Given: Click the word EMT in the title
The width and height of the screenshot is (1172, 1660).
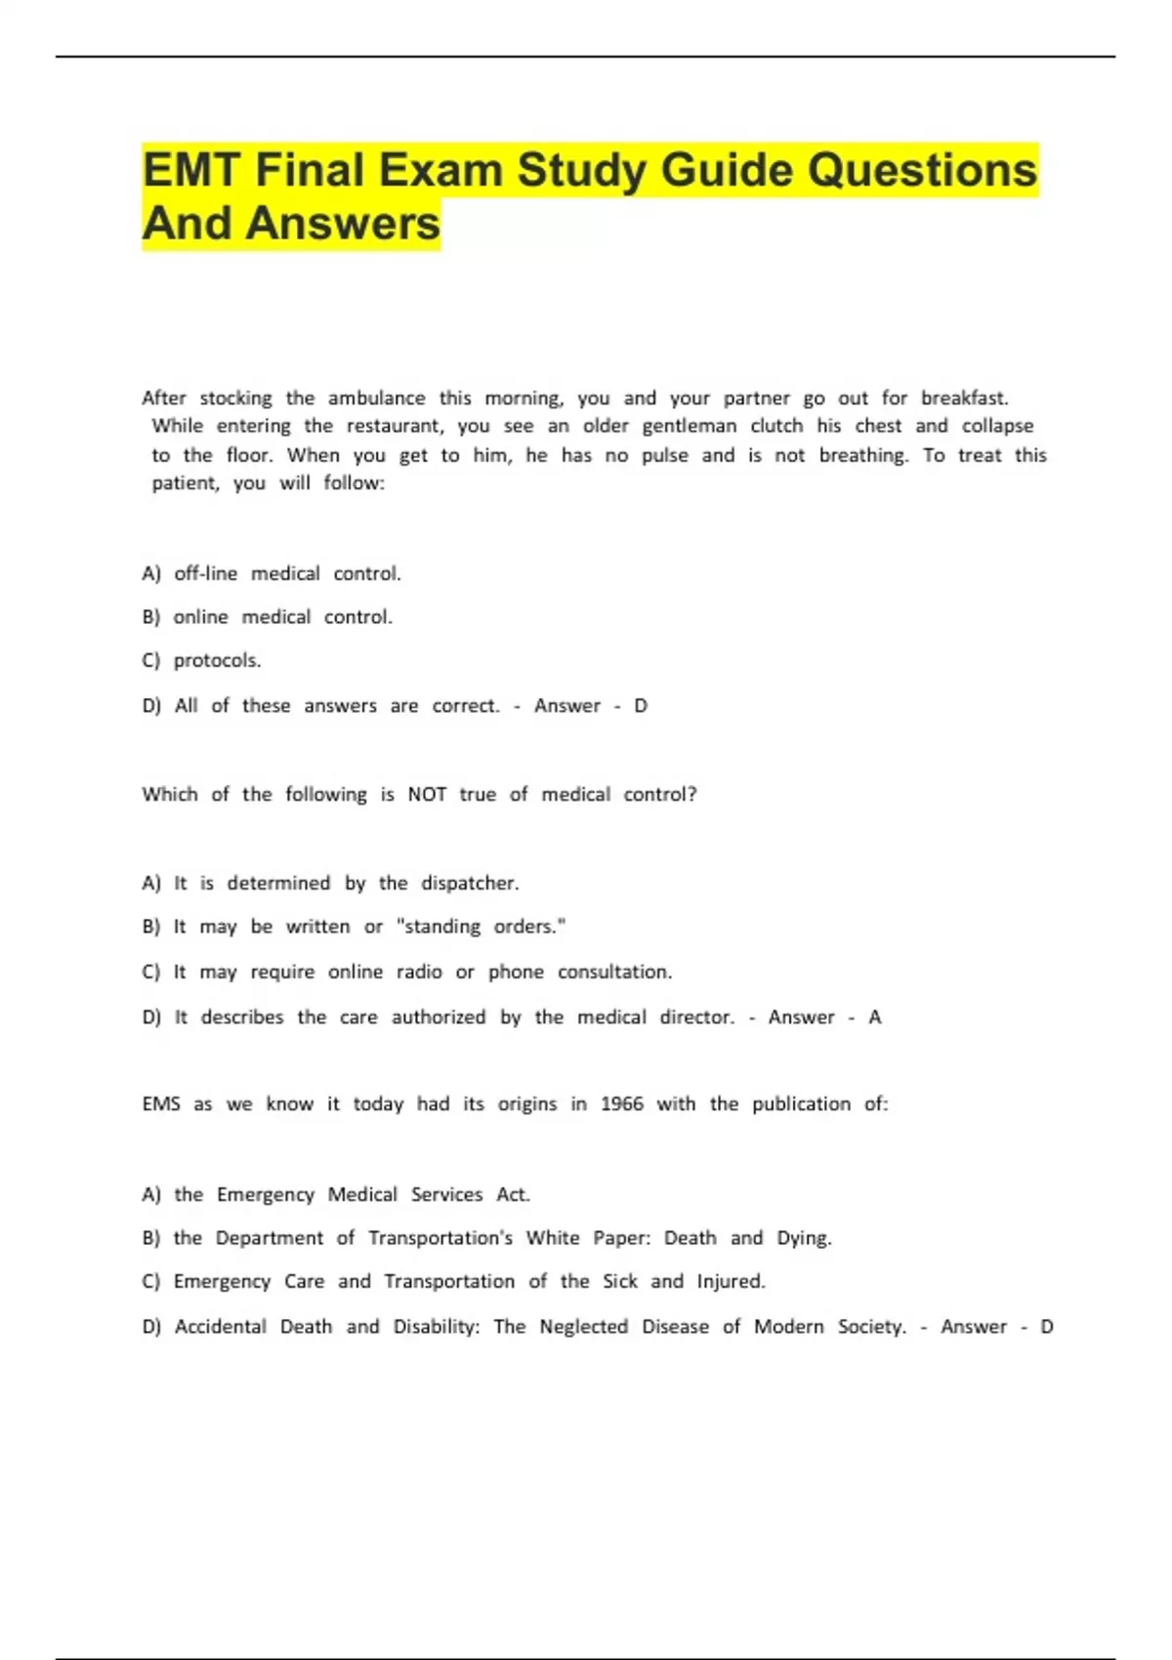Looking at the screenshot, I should click(191, 171).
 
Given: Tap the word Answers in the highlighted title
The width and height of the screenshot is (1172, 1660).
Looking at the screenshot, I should click(343, 224).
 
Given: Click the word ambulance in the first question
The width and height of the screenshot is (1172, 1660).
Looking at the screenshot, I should click(376, 398).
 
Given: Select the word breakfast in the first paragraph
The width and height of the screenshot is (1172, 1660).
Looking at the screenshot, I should click(964, 398).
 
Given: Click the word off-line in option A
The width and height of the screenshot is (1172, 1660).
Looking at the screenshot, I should click(205, 574).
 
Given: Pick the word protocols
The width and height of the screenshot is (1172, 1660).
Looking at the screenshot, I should click(217, 661).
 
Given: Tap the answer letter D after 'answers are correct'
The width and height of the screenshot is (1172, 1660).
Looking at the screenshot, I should click(641, 706).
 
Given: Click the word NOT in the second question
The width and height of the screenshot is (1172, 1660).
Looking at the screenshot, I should click(427, 795).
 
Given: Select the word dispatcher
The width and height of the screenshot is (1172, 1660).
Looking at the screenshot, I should click(470, 884).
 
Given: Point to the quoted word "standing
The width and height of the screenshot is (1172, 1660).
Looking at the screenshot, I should click(439, 927).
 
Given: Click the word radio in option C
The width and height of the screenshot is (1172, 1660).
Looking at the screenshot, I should click(419, 973).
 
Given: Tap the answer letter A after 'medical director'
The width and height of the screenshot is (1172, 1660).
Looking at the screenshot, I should click(875, 1017).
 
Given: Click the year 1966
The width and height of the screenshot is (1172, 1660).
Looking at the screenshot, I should click(622, 1104).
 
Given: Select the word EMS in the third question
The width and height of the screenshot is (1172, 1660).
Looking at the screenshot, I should click(161, 1104).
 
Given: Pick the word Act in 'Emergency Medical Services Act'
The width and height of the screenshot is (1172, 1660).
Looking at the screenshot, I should click(513, 1195).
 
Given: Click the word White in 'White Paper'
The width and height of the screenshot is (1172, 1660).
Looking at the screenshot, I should click(553, 1238).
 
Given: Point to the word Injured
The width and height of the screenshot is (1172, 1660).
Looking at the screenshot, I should click(731, 1282).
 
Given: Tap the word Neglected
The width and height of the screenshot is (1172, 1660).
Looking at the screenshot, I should click(584, 1327).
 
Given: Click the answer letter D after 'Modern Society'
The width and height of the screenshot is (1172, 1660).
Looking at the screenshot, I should click(1047, 1327).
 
